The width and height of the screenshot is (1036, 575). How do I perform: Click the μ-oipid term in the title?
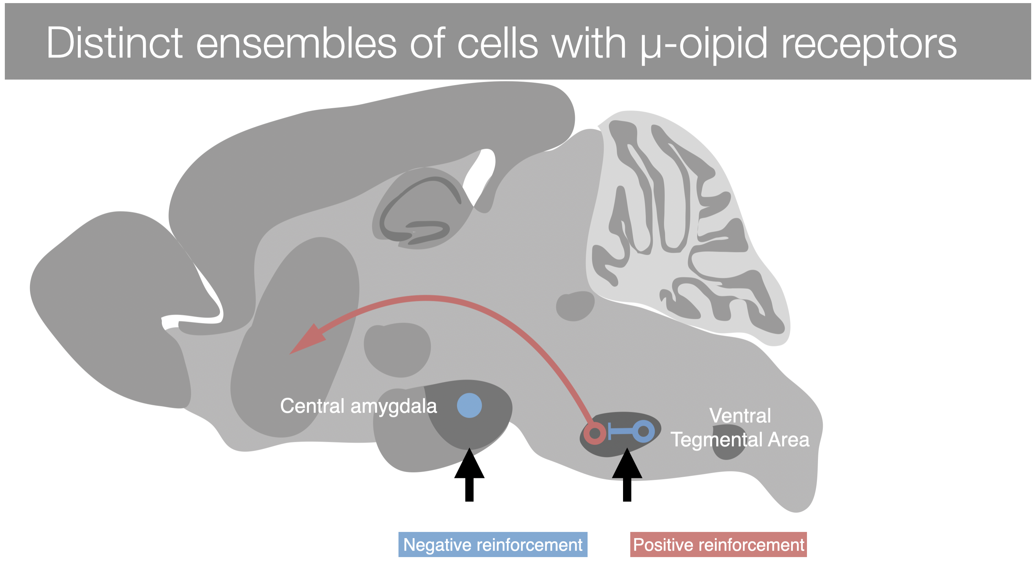coord(704,43)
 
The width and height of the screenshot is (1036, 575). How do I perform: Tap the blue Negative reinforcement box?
coord(493,544)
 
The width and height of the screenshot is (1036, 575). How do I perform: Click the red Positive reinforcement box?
coord(718,544)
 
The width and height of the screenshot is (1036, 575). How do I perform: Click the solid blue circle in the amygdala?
coord(469,405)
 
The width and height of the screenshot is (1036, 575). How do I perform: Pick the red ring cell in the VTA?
coord(595,433)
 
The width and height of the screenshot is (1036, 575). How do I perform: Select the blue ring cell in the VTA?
coord(643,431)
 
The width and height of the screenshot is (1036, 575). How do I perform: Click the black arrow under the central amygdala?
coord(469,474)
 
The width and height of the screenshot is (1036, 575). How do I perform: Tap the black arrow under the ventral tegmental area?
coord(627,474)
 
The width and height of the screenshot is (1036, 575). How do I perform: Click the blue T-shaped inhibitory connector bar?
coord(619,431)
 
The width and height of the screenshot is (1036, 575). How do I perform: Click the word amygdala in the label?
coord(394,406)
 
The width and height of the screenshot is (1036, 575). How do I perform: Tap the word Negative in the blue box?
coord(437,544)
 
